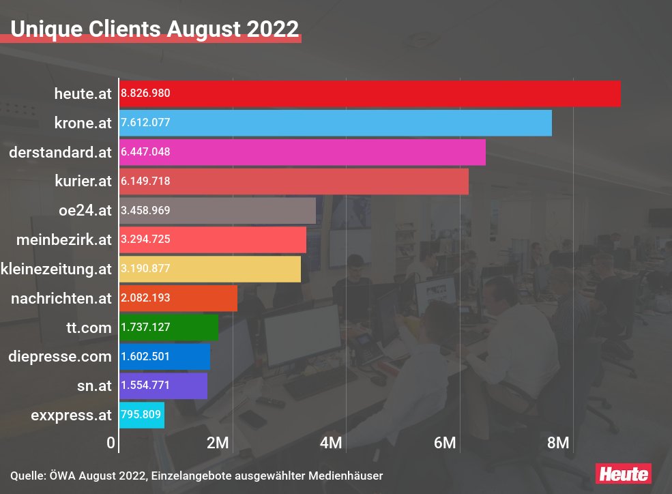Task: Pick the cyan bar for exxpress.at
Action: [142, 414]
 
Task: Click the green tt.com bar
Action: [169, 327]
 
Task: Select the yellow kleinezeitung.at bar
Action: [210, 269]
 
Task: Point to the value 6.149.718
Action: [145, 181]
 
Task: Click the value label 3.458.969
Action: [145, 211]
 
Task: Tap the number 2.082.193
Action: [145, 298]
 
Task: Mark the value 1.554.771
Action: [145, 386]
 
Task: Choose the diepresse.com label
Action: [60, 356]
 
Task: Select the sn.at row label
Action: [94, 386]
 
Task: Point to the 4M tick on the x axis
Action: [331, 443]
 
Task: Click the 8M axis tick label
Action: [558, 443]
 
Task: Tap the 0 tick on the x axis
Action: [111, 443]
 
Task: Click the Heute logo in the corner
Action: [623, 473]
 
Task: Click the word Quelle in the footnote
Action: [27, 475]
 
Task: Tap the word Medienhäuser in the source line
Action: [349, 475]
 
